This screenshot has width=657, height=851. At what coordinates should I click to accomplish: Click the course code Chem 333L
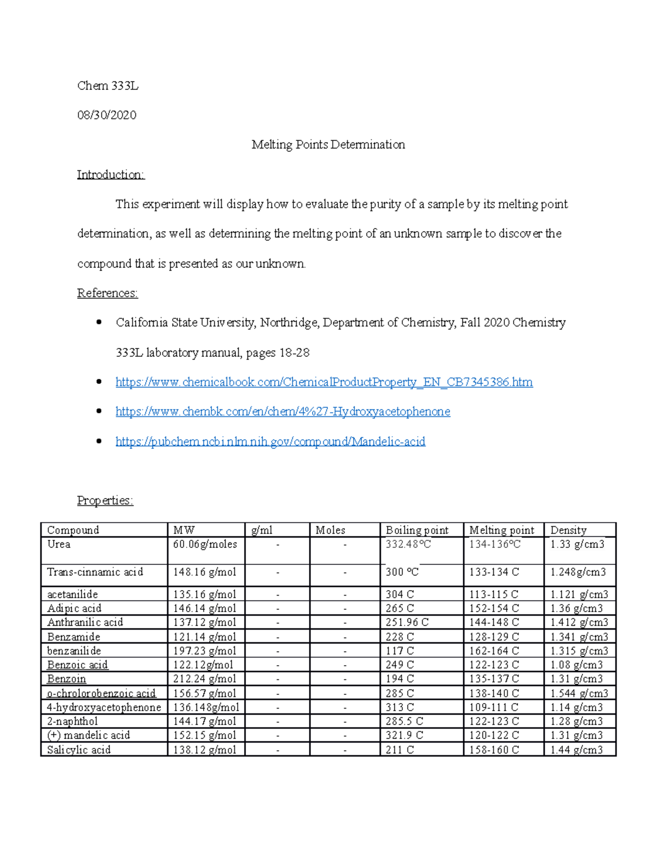pos(108,85)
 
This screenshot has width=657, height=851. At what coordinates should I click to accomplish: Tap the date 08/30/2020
pos(107,115)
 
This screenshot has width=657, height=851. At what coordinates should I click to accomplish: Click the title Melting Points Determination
pos(328,145)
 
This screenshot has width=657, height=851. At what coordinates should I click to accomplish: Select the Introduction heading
pos(111,174)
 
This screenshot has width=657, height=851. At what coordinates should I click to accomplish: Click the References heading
pos(107,293)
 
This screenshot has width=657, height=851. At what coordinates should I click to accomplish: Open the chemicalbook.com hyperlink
pos(324,382)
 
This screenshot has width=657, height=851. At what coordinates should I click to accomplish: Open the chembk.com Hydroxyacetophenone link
pos(283,412)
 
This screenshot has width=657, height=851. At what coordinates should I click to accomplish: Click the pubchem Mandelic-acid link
pos(270,441)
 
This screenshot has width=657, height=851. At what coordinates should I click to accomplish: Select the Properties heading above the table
pos(105,500)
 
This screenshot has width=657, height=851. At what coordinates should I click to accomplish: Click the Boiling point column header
pos(417,530)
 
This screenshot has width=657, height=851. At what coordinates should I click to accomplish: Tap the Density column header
pos(568,530)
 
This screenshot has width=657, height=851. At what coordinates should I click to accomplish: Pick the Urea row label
pos(59,544)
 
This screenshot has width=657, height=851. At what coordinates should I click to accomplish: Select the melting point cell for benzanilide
pos(494,651)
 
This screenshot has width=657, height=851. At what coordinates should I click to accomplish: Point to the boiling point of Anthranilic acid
pos(407,622)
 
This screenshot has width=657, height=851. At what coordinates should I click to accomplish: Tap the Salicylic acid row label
pos(79,750)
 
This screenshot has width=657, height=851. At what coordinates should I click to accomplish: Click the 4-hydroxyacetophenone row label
pos(104,707)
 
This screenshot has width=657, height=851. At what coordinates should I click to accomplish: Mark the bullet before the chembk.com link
pos(99,411)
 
